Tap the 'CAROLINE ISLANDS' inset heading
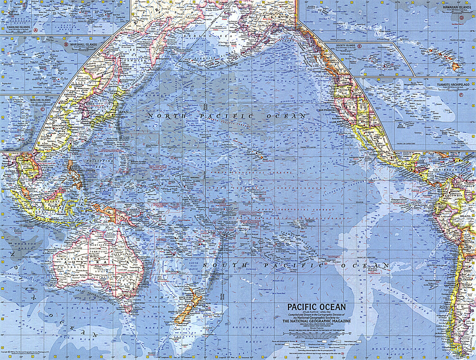point(18,28)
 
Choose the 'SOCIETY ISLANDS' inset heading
point(345,46)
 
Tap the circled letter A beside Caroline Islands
point(35,30)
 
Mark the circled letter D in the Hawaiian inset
point(461,18)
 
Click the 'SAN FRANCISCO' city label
point(327,110)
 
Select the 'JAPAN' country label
point(122,112)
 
